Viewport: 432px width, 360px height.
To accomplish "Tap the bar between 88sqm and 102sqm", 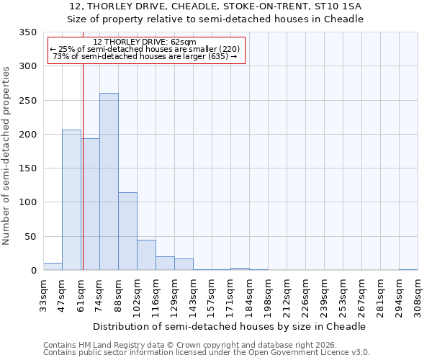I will [x=127, y=231].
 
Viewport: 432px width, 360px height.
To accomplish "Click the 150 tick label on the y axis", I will [x=27, y=168].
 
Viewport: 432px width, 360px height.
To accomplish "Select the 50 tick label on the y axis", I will [x=30, y=237].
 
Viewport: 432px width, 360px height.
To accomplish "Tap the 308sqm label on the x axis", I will [x=418, y=297].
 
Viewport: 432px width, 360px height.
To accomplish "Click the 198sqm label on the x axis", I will [x=268, y=297].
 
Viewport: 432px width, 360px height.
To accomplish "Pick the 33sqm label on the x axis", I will [x=43, y=297].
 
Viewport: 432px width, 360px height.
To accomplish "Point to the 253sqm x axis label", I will [x=343, y=297].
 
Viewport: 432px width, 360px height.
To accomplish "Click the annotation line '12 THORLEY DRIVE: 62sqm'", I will [x=145, y=42].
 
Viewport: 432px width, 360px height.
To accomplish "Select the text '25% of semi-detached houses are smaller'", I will [x=137, y=49].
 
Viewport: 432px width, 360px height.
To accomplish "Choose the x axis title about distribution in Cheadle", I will [x=230, y=326].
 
